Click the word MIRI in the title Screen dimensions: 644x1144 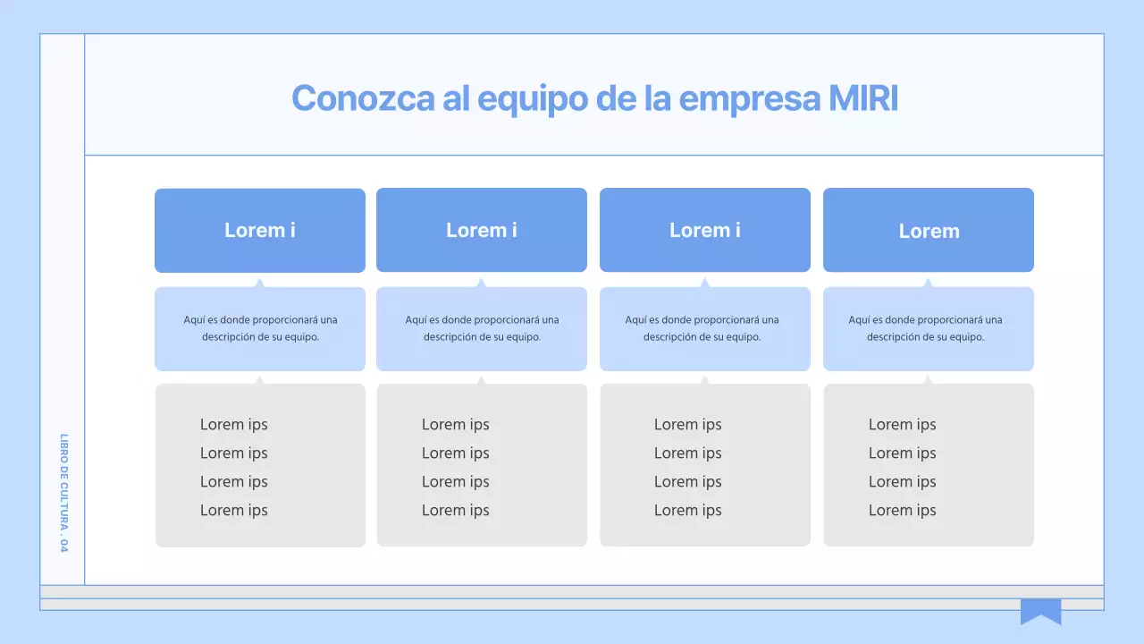pos(863,98)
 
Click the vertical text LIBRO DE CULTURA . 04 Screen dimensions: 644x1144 pos(63,493)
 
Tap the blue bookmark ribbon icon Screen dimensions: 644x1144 pos(1040,611)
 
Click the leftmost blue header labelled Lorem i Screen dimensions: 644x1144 pos(260,230)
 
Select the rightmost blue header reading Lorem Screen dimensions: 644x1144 pos(929,231)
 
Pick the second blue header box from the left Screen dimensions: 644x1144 pos(482,230)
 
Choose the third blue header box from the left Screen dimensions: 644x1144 pos(705,230)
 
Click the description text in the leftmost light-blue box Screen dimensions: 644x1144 pos(260,328)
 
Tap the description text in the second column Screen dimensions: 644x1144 pos(482,328)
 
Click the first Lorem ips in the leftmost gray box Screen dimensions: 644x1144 pos(234,425)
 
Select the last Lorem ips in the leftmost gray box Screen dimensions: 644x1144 pos(234,511)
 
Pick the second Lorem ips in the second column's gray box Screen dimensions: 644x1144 pos(456,453)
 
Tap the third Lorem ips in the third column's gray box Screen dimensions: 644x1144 pos(688,482)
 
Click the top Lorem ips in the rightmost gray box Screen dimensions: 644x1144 pos(903,425)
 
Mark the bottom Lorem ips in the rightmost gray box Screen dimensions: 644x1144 pos(903,511)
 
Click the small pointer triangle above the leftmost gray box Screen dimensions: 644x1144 pos(260,380)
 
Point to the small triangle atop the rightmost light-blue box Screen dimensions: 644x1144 pos(928,284)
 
